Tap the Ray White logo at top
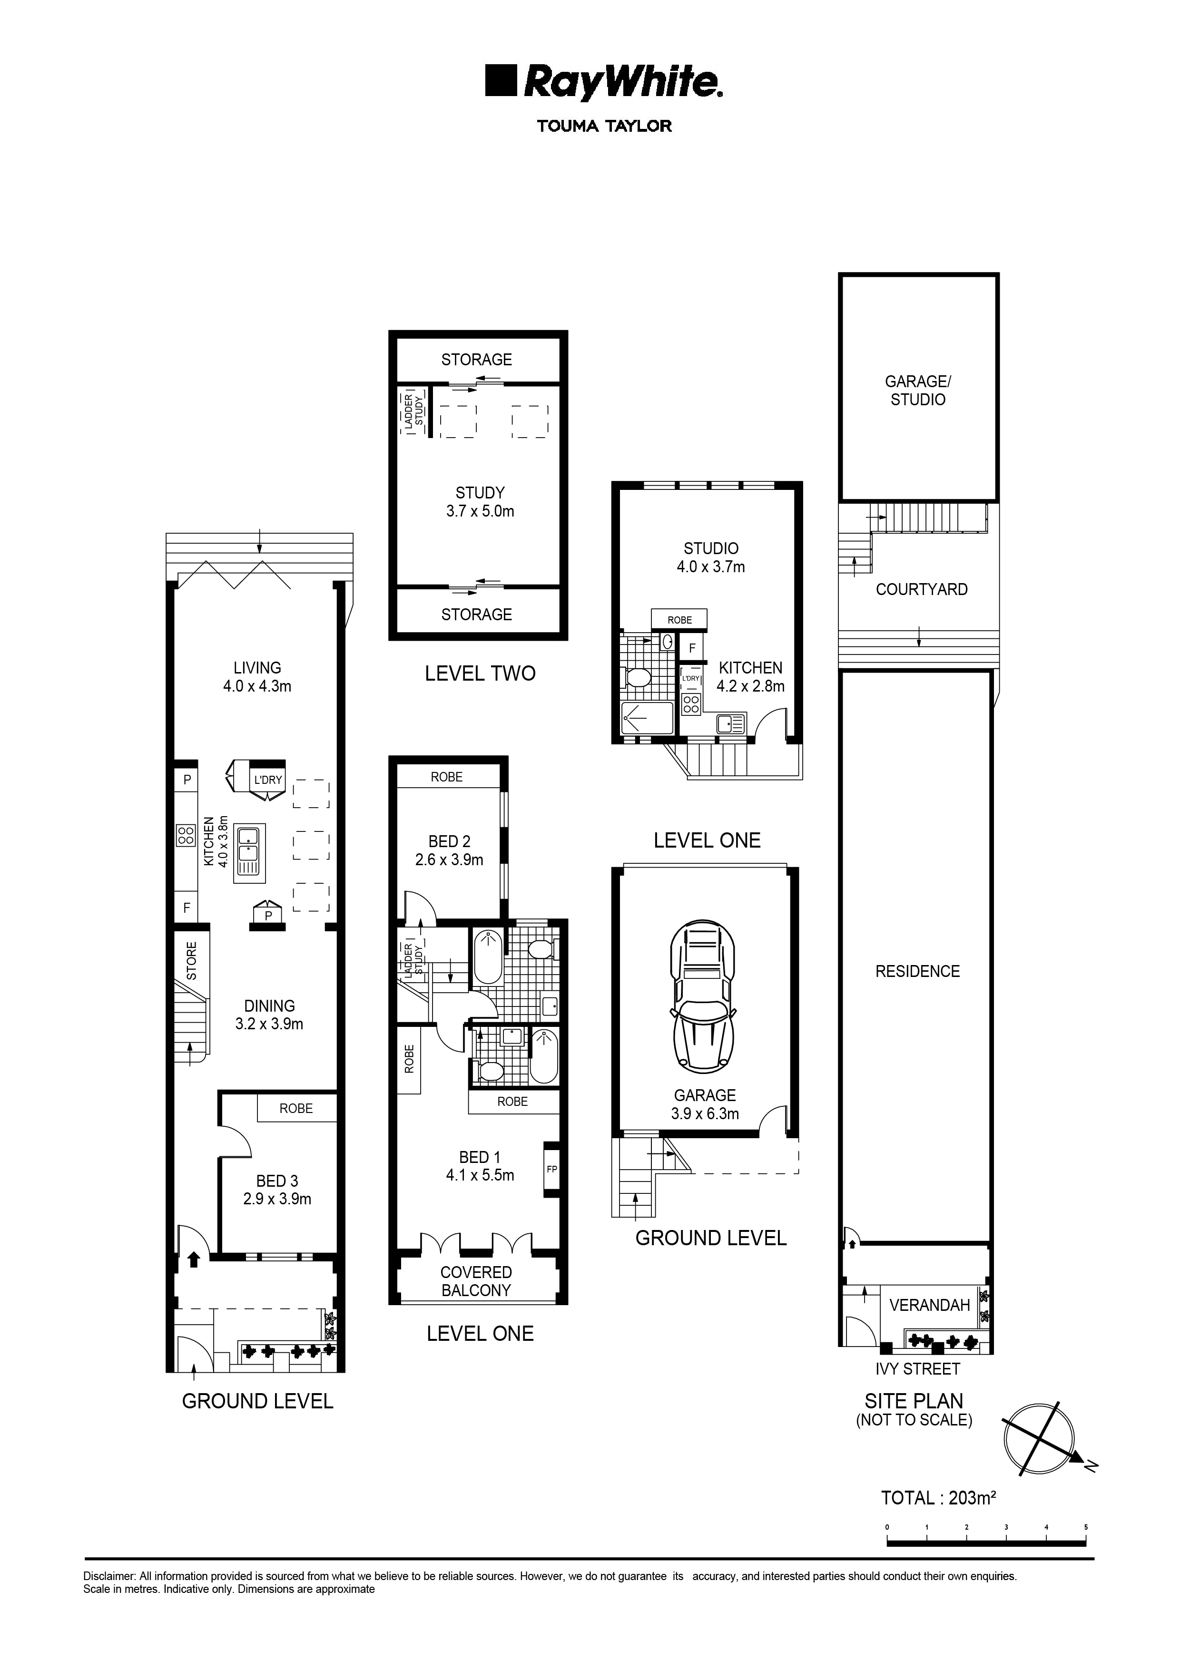click(x=603, y=83)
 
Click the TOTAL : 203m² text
click(x=937, y=1497)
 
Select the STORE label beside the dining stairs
click(x=192, y=961)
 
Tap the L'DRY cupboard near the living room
click(x=267, y=780)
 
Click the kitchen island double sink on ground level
click(x=249, y=853)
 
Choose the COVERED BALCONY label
click(x=476, y=1281)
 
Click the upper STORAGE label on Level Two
click(x=477, y=359)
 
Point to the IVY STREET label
click(x=917, y=1369)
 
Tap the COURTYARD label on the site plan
click(x=921, y=589)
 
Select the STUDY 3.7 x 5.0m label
click(x=480, y=502)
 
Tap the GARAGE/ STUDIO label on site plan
click(x=917, y=390)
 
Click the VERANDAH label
click(x=929, y=1305)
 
